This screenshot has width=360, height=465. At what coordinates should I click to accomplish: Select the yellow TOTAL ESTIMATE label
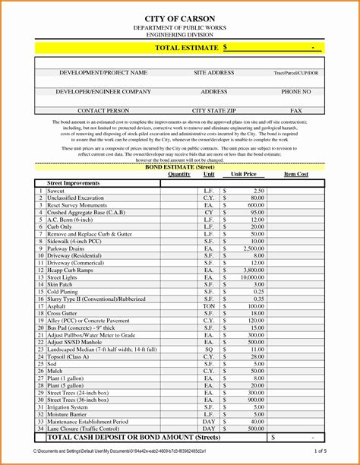(x=188, y=47)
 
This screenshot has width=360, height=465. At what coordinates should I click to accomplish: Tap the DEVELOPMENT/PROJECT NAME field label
(x=103, y=73)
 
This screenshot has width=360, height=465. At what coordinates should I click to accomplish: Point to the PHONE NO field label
(x=295, y=91)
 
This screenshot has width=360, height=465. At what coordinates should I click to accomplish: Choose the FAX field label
(x=295, y=111)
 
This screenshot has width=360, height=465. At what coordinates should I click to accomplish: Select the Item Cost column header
(x=295, y=174)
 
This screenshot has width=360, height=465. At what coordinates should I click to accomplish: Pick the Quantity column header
(x=179, y=174)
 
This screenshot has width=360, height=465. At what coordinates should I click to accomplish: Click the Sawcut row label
(x=57, y=191)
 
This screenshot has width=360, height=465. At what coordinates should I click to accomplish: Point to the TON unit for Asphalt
(x=209, y=306)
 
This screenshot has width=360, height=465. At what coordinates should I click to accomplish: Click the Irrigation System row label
(x=68, y=406)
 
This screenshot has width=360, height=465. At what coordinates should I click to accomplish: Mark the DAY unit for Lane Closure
(x=209, y=429)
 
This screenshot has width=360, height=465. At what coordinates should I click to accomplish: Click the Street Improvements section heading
(x=73, y=183)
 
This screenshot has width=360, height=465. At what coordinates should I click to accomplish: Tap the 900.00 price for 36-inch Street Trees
(x=255, y=400)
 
